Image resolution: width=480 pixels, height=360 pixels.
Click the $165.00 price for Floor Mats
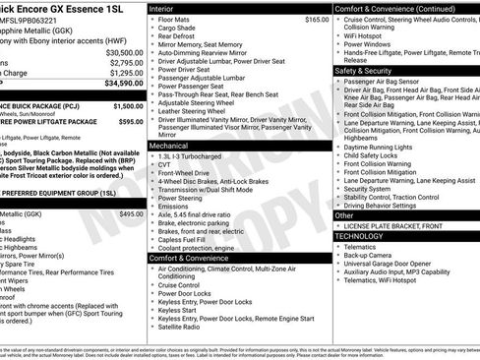coord(317,19)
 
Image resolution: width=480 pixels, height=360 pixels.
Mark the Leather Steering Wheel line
coord(195,111)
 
